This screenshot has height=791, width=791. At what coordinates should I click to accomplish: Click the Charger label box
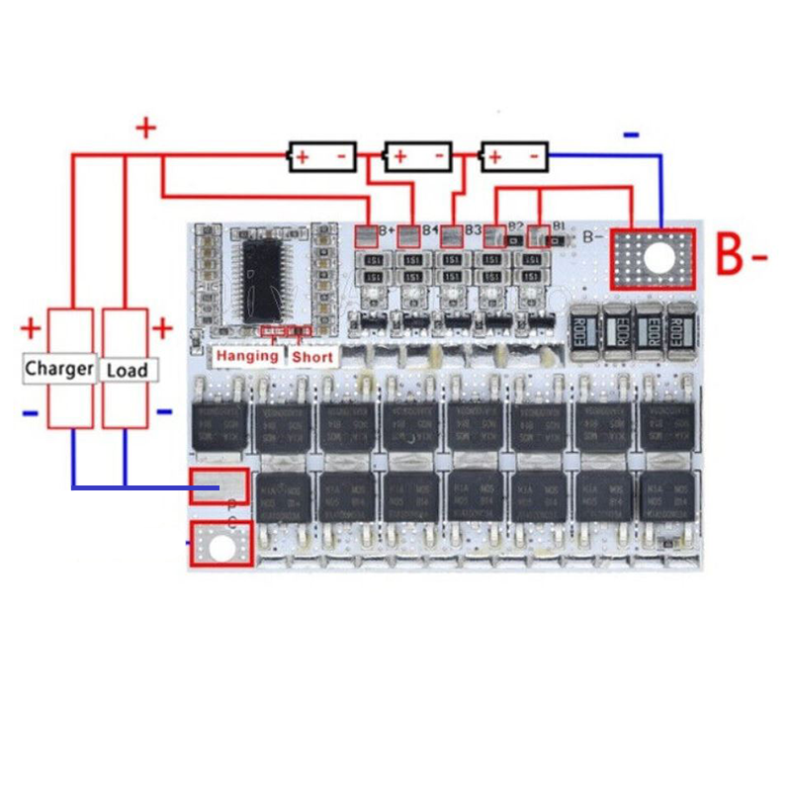click(59, 369)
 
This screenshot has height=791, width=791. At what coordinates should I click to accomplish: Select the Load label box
click(127, 370)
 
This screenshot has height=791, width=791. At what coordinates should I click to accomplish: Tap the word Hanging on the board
click(247, 355)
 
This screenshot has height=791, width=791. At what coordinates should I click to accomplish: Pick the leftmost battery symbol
click(321, 156)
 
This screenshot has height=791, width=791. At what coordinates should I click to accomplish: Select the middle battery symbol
click(417, 156)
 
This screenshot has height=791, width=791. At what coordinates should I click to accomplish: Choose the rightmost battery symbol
click(514, 156)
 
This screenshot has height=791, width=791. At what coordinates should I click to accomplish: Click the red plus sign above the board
click(146, 128)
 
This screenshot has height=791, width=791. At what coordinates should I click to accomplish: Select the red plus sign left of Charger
click(31, 327)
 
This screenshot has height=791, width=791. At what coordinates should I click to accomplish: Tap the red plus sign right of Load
click(162, 327)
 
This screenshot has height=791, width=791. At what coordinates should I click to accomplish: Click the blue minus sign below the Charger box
click(31, 412)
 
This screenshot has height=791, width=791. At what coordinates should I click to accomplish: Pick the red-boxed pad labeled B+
click(366, 235)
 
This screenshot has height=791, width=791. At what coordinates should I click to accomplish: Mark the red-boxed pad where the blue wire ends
click(219, 485)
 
